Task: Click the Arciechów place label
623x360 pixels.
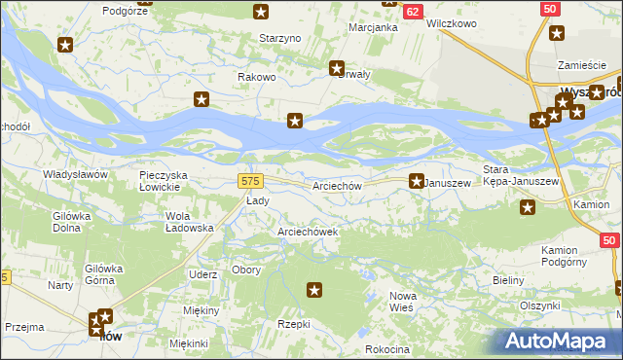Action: (338, 186)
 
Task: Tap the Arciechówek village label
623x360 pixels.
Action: (308, 233)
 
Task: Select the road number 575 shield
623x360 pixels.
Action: (250, 181)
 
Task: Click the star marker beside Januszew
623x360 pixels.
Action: (416, 181)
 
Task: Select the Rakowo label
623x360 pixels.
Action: (258, 77)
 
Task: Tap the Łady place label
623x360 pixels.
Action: (257, 200)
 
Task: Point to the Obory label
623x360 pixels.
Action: (246, 270)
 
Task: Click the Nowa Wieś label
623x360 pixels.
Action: (402, 301)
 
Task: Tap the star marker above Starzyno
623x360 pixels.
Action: (261, 12)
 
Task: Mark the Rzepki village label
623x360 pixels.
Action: (293, 324)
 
